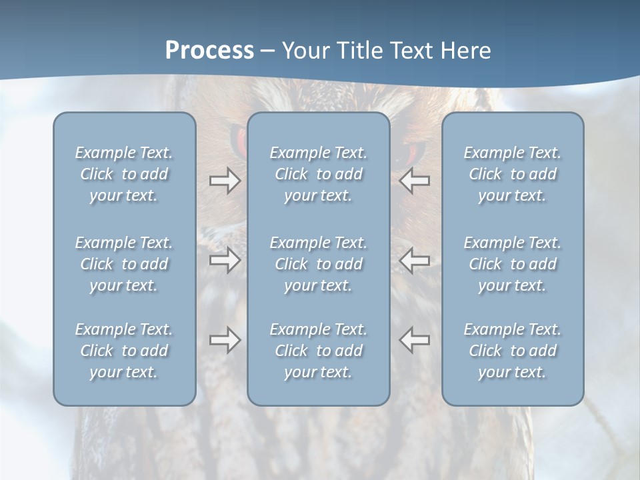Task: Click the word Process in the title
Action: [x=209, y=51]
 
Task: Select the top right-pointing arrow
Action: [x=225, y=181]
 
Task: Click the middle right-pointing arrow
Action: [x=225, y=260]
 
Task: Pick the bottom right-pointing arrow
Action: [x=225, y=340]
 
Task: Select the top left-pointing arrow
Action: [x=414, y=181]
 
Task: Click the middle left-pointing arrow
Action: [x=414, y=260]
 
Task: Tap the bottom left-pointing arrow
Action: [x=414, y=340]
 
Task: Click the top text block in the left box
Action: [x=124, y=174]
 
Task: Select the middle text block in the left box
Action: [x=124, y=264]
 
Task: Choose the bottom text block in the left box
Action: [x=124, y=351]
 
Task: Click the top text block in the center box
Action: [x=318, y=174]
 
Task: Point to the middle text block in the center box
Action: [x=318, y=264]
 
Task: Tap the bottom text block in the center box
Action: [x=318, y=351]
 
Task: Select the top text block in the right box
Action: [x=512, y=174]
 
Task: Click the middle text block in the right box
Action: [x=512, y=264]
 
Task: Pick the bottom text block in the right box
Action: [x=512, y=351]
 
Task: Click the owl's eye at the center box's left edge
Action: [x=239, y=140]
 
